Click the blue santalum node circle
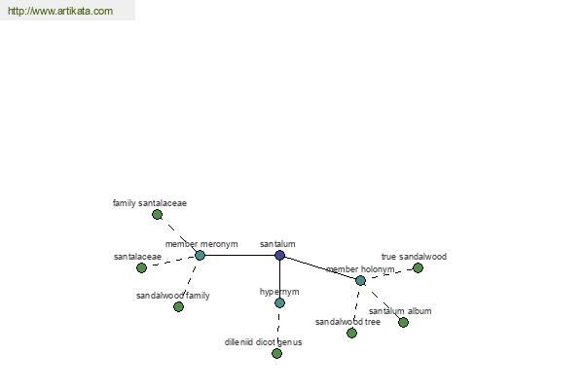click(279, 256)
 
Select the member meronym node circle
click(200, 256)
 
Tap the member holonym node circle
click(360, 281)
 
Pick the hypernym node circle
click(279, 303)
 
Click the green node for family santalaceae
click(157, 214)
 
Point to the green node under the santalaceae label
click(141, 268)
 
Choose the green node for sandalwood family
click(179, 306)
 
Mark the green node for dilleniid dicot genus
click(276, 354)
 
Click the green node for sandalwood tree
click(352, 334)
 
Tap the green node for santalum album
click(403, 322)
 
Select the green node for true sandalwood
click(418, 268)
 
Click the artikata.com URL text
click(60, 11)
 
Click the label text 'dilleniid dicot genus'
click(264, 342)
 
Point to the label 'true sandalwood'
click(414, 257)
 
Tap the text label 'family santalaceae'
click(150, 203)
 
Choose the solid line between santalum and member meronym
click(239, 256)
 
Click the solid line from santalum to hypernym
click(279, 279)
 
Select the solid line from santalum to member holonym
click(320, 268)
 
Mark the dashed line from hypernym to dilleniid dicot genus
click(278, 329)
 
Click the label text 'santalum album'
click(400, 311)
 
